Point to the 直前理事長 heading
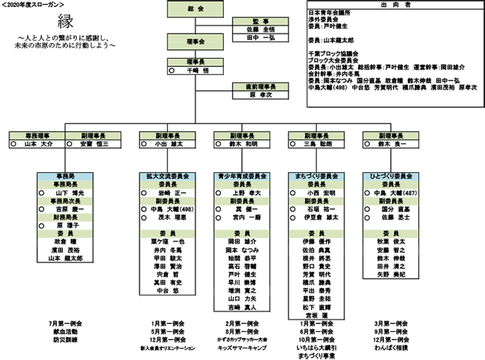point(260,86)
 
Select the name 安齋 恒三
point(97,143)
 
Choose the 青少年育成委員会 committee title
point(241,175)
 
